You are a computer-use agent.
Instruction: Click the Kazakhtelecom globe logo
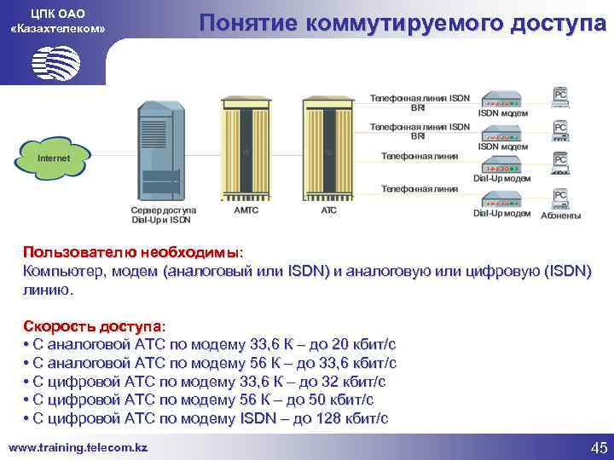point(55,61)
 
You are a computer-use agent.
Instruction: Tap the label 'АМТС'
point(248,209)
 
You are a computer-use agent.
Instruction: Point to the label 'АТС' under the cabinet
point(328,209)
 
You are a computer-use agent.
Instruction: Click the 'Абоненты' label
point(561,216)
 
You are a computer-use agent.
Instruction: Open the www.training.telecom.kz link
point(78,447)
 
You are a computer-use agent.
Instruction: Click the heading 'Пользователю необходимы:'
point(133,252)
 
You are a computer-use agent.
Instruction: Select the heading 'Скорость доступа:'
point(96,326)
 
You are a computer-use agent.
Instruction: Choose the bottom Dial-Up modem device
point(502,198)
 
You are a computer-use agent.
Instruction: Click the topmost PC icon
point(560,96)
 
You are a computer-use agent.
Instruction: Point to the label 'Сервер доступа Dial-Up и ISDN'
point(163,213)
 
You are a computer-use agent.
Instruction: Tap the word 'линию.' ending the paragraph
point(49,290)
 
